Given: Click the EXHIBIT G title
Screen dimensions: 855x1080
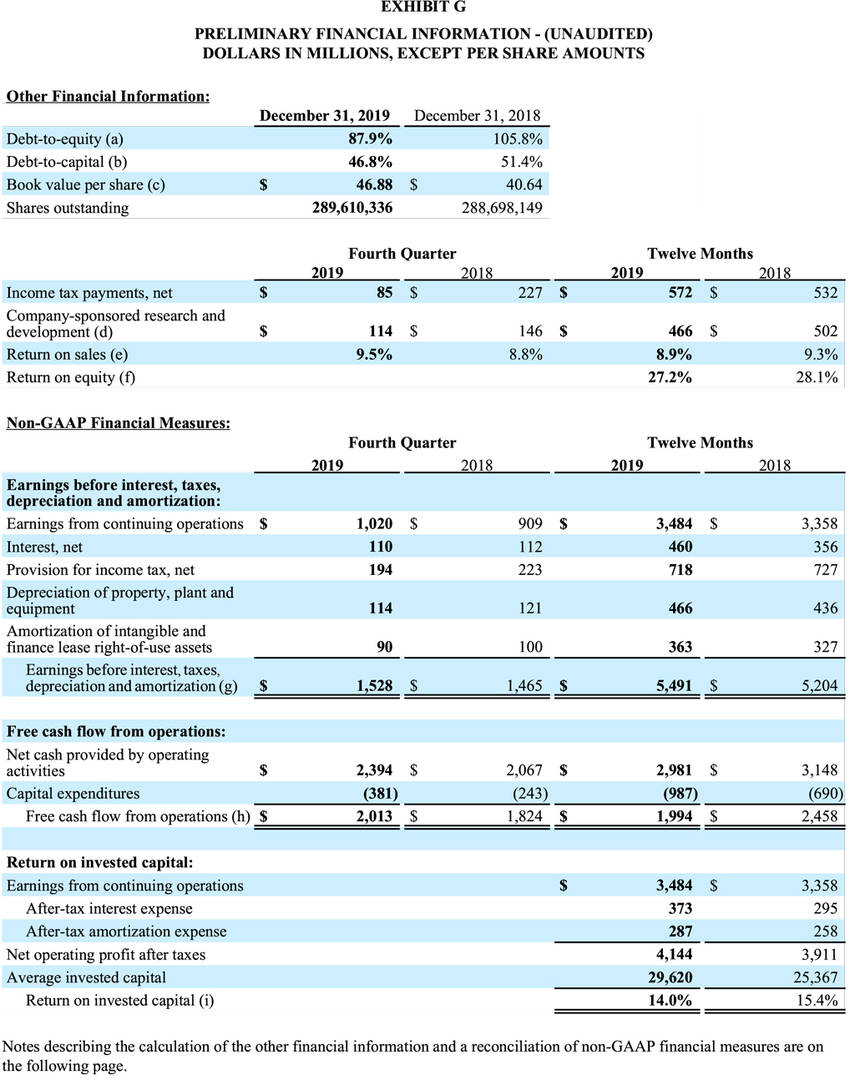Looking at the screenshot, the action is tap(424, 7).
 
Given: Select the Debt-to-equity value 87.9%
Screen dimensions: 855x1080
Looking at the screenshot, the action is tap(370, 138).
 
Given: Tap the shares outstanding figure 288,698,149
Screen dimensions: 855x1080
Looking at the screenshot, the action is tap(502, 207).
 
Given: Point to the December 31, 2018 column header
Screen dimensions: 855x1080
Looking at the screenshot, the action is tap(477, 115).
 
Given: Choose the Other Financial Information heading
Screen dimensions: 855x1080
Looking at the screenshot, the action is tap(108, 96).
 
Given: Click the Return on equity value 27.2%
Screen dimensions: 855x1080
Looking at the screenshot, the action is tap(670, 377).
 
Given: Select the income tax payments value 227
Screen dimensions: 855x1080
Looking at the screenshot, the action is tap(530, 293).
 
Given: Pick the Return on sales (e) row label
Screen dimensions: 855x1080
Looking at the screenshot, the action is tap(67, 354).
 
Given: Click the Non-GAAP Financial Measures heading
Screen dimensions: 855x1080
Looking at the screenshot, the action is tap(119, 422).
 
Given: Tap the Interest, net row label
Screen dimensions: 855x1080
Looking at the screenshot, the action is tap(44, 547).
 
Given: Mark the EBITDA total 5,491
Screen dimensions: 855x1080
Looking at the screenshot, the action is tap(673, 685).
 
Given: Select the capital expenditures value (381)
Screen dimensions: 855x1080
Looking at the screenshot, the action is tap(380, 793).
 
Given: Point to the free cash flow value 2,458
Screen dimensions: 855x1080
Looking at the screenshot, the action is tap(819, 816).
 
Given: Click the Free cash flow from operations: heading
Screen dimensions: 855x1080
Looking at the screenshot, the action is tap(116, 731).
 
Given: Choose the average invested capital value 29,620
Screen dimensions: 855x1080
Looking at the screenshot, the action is tap(670, 977).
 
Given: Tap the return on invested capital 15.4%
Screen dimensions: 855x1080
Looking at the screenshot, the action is tap(817, 1000).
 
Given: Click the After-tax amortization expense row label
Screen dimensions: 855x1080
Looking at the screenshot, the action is tap(126, 931).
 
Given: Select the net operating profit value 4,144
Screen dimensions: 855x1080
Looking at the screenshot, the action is tap(674, 954).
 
